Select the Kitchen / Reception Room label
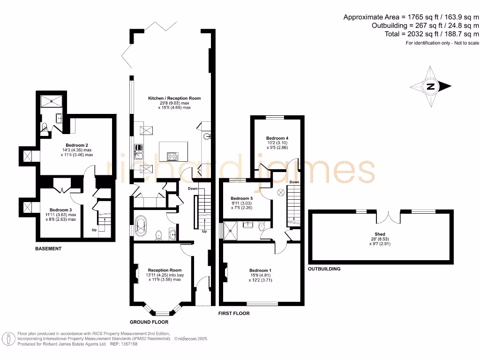pyautogui.click(x=174, y=98)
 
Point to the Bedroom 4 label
pyautogui.click(x=277, y=138)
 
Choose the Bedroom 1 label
pyautogui.click(x=260, y=270)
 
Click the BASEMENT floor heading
pyautogui.click(x=49, y=248)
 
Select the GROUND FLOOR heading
pyautogui.click(x=149, y=322)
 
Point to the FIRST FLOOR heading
pyautogui.click(x=234, y=313)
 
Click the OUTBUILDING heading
pyautogui.click(x=324, y=269)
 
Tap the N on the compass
pyautogui.click(x=430, y=86)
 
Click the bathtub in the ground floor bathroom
pyautogui.click(x=141, y=226)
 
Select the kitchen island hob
pyautogui.click(x=172, y=157)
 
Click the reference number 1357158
pyautogui.click(x=128, y=344)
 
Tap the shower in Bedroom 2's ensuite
pyautogui.click(x=48, y=101)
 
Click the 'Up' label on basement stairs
pyautogui.click(x=94, y=230)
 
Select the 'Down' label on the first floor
pyautogui.click(x=294, y=182)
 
